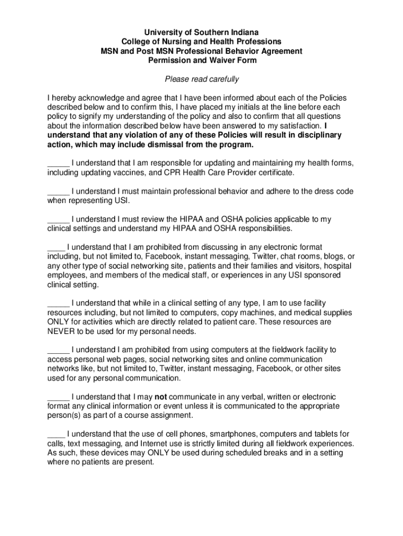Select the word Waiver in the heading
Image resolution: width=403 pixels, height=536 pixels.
pos(222,60)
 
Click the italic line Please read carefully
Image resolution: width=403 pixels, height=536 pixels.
pos(201,79)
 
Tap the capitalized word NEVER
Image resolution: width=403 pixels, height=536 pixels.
pos(62,331)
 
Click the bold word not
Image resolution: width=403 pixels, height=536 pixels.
pos(161,397)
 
